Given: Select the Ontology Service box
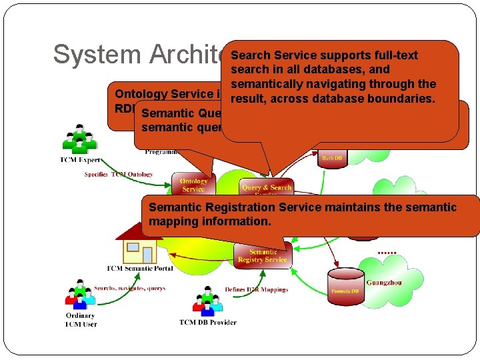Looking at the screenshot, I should coord(193,185).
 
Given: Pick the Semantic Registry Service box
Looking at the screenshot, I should coord(263,255).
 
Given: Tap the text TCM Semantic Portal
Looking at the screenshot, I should coord(140,269).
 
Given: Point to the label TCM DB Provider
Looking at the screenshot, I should coord(207,323).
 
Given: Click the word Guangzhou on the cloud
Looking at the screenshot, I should coord(384,282).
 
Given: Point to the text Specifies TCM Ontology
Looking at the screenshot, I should coord(119,175).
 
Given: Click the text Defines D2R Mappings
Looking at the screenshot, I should coord(256,289).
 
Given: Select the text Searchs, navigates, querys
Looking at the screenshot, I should coord(129,288).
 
